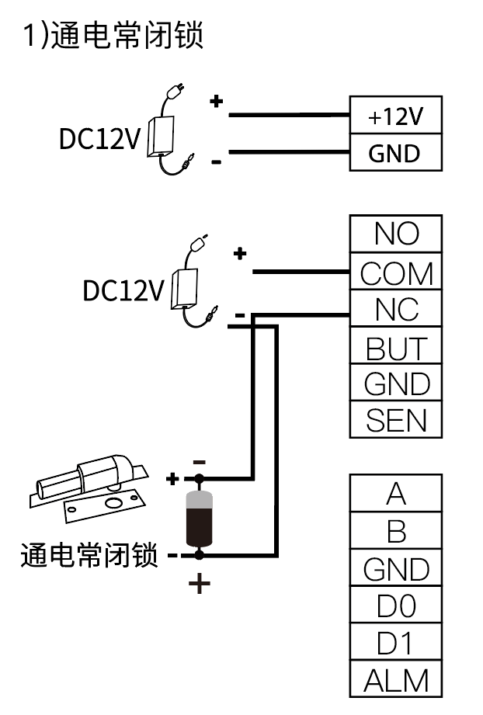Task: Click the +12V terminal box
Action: pyautogui.click(x=395, y=116)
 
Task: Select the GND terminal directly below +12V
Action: pyautogui.click(x=395, y=153)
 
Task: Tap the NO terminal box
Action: pyautogui.click(x=395, y=234)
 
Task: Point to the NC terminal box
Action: pyautogui.click(x=395, y=310)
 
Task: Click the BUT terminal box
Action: pyautogui.click(x=395, y=347)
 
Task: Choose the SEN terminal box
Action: pyautogui.click(x=395, y=421)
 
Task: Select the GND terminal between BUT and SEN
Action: pyautogui.click(x=395, y=384)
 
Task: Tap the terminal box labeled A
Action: pyautogui.click(x=395, y=494)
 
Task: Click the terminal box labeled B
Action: pyautogui.click(x=395, y=532)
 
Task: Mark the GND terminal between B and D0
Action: pyautogui.click(x=395, y=569)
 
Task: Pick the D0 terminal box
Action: pyautogui.click(x=395, y=606)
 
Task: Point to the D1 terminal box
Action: pyautogui.click(x=395, y=644)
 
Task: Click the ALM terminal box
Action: pyautogui.click(x=395, y=681)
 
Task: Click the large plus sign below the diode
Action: pyautogui.click(x=200, y=583)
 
